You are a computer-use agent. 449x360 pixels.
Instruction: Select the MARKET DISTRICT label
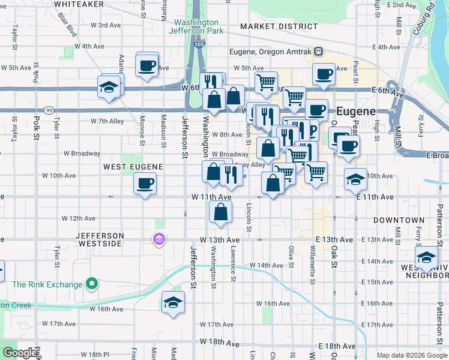click(279, 26)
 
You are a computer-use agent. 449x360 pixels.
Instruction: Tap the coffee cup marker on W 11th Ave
click(145, 183)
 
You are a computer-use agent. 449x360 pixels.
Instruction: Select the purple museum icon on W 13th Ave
click(159, 240)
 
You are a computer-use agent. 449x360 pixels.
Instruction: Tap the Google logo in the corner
click(19, 353)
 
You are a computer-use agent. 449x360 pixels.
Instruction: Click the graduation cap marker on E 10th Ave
click(355, 179)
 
